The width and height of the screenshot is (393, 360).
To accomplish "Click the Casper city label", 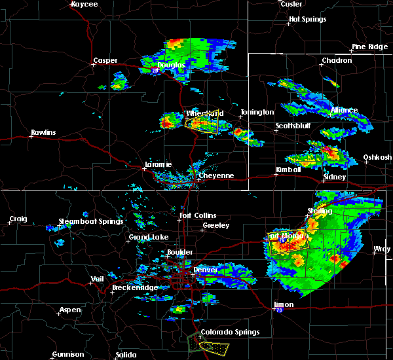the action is point(105,61).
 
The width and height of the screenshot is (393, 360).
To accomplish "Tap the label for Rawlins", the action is point(43,133).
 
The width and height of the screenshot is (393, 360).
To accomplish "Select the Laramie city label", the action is point(159,164).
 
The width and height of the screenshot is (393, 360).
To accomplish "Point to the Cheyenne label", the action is point(216,175).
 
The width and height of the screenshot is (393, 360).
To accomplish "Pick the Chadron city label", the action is point(337,61).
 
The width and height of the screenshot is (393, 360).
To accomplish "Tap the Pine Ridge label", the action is point(369,46).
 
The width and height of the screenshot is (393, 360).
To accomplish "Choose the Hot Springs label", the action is point(307,20).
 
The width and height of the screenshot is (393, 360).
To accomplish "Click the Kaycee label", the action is point(84,4).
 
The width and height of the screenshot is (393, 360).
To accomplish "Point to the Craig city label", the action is point(18,219).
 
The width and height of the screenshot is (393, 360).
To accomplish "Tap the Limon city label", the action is point(283,305).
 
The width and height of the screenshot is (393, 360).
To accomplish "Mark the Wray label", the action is point(381,249).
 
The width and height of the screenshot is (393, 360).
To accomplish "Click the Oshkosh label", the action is point(378,158).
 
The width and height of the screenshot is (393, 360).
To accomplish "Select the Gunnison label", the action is point(68,355).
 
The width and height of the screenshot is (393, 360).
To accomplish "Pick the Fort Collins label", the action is point(197,215).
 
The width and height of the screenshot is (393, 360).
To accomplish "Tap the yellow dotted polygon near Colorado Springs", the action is point(216,346).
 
